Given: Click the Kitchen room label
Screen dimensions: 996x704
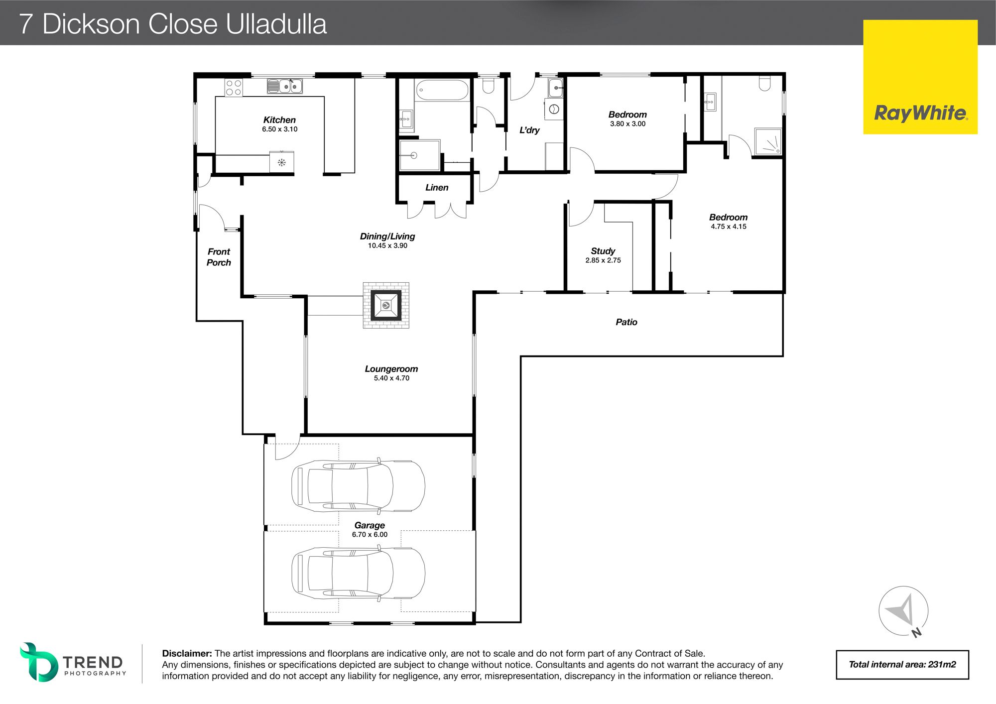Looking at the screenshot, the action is coord(279,120).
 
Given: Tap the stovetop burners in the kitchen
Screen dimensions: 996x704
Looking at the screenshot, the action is coord(234,88).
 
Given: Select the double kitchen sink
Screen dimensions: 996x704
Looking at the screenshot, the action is coord(284,86).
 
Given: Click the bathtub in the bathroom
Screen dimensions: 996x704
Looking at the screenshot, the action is coord(442,90).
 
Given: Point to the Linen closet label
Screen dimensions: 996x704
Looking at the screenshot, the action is coord(437,188).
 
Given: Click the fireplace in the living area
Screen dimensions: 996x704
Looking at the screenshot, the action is coord(386,305).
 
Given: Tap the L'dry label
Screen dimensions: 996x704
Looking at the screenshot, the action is coord(529,130).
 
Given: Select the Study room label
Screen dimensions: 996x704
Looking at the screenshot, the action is coord(603,251).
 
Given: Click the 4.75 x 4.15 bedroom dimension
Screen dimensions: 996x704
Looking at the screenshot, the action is coord(729,227).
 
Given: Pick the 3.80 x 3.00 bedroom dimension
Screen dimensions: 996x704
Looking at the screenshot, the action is coord(627,124).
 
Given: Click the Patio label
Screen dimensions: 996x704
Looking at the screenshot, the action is coord(626,322).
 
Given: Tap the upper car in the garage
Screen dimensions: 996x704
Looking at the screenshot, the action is coord(358,486).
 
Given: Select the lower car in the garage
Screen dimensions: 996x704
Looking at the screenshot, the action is coord(358,573).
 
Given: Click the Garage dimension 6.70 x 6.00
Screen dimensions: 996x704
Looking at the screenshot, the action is coord(370,535).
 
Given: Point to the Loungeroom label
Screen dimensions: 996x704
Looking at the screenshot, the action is coord(391,369).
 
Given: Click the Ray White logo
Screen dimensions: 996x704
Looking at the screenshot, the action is coord(920,77).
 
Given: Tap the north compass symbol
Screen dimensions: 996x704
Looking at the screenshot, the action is coord(903,611).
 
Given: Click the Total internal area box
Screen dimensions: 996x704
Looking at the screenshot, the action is coord(902,665).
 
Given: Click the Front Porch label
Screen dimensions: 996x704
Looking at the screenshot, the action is coord(219,257).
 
